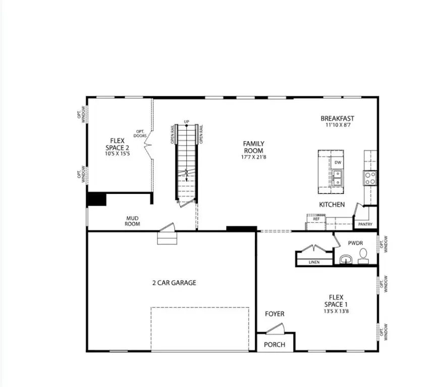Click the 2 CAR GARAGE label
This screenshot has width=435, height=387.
[x=174, y=283]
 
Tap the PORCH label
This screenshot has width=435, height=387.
[x=275, y=345]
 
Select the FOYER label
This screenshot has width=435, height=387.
[x=275, y=314]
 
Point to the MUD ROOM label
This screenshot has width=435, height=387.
[x=133, y=221]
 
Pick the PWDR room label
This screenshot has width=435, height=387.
[x=356, y=243]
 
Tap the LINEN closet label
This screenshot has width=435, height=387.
[x=313, y=262]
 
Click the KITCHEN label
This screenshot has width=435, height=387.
[x=332, y=205]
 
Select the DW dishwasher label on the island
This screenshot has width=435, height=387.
[x=338, y=162]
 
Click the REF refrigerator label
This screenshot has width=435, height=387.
[x=316, y=219]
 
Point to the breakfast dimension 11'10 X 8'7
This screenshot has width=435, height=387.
[x=338, y=125]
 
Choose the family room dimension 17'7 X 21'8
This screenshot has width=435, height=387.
[x=254, y=157]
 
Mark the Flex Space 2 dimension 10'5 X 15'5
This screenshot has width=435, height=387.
[x=117, y=154]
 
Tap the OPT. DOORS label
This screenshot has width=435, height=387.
[x=140, y=134]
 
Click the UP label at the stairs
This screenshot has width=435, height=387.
[x=186, y=122]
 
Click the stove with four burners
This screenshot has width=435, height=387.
[x=370, y=177]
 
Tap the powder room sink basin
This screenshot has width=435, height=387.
[x=346, y=260]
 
